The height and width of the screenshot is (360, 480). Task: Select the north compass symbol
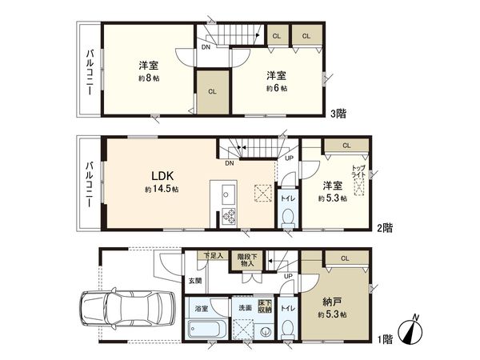[414, 330]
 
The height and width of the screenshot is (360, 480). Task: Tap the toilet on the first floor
[287, 328]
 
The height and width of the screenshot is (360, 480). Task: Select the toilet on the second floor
[287, 216]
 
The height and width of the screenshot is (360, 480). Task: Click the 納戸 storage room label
[331, 301]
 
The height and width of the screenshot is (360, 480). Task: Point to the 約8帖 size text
[146, 78]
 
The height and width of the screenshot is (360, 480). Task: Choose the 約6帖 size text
[276, 88]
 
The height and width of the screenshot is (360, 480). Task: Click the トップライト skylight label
[358, 171]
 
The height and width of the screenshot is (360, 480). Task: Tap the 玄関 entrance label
[195, 281]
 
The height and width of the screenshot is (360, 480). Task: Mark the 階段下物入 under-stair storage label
[246, 260]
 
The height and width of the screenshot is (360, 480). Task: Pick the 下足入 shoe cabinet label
[212, 256]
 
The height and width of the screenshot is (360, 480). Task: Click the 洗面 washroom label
[244, 306]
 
